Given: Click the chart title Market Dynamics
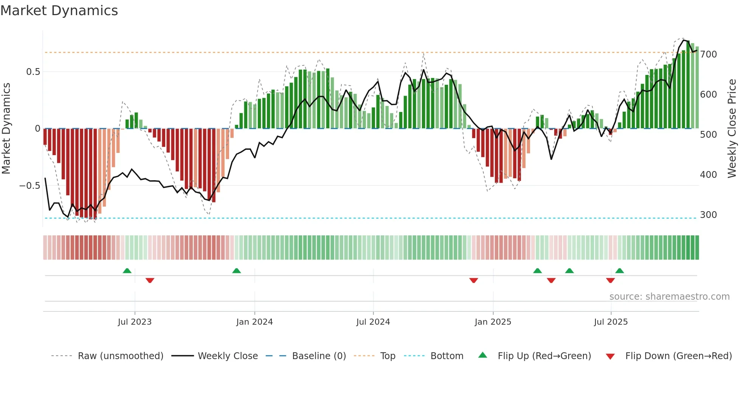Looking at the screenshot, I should pyautogui.click(x=59, y=11).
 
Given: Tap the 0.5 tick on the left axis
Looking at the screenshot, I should pyautogui.click(x=33, y=72).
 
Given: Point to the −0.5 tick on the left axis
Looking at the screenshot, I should pyautogui.click(x=30, y=185).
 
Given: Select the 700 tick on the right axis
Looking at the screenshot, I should pyautogui.click(x=708, y=54).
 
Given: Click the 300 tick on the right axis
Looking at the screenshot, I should pyautogui.click(x=708, y=215).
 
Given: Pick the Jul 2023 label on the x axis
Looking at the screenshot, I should pyautogui.click(x=135, y=322).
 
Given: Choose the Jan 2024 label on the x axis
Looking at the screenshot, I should pyautogui.click(x=254, y=322).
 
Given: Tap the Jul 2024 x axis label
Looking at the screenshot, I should pyautogui.click(x=373, y=322).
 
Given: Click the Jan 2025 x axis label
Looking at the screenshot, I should pyautogui.click(x=493, y=322).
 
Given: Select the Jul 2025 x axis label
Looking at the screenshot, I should pyautogui.click(x=611, y=322).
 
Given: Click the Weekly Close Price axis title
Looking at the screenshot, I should pyautogui.click(x=732, y=129).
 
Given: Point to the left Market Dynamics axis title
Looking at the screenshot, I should pyautogui.click(x=6, y=129).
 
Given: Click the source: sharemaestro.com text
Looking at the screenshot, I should pyautogui.click(x=670, y=297).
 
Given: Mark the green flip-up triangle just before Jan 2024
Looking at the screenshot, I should pyautogui.click(x=236, y=271).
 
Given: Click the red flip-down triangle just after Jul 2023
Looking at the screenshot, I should pyautogui.click(x=150, y=280).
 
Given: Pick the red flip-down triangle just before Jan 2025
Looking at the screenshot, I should pyautogui.click(x=474, y=280).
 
